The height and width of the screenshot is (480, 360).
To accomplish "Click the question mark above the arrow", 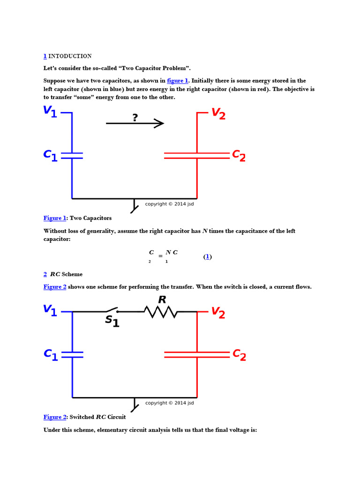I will [x=135, y=117].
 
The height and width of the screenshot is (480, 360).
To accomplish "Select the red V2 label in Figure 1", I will [x=218, y=113].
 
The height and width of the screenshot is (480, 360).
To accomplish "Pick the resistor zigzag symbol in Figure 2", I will [x=160, y=312].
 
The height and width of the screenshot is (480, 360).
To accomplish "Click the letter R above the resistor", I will [x=162, y=300].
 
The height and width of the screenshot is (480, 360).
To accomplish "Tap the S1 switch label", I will [x=112, y=321].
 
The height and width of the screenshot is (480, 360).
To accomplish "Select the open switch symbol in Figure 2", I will [x=111, y=310].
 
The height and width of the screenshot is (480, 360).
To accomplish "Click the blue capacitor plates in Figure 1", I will [x=72, y=155].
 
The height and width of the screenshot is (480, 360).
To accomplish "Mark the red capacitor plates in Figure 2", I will [x=197, y=354].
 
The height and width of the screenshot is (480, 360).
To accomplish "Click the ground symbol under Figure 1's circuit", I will [x=135, y=206].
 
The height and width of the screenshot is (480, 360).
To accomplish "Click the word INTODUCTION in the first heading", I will [x=70, y=56].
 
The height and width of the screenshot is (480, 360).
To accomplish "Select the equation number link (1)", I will [x=207, y=256].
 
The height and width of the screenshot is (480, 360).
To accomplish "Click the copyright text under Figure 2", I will [x=169, y=403].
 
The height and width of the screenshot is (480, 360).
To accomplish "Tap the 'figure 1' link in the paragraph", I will [x=177, y=81].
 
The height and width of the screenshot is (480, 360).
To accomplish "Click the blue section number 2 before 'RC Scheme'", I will [x=45, y=274].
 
